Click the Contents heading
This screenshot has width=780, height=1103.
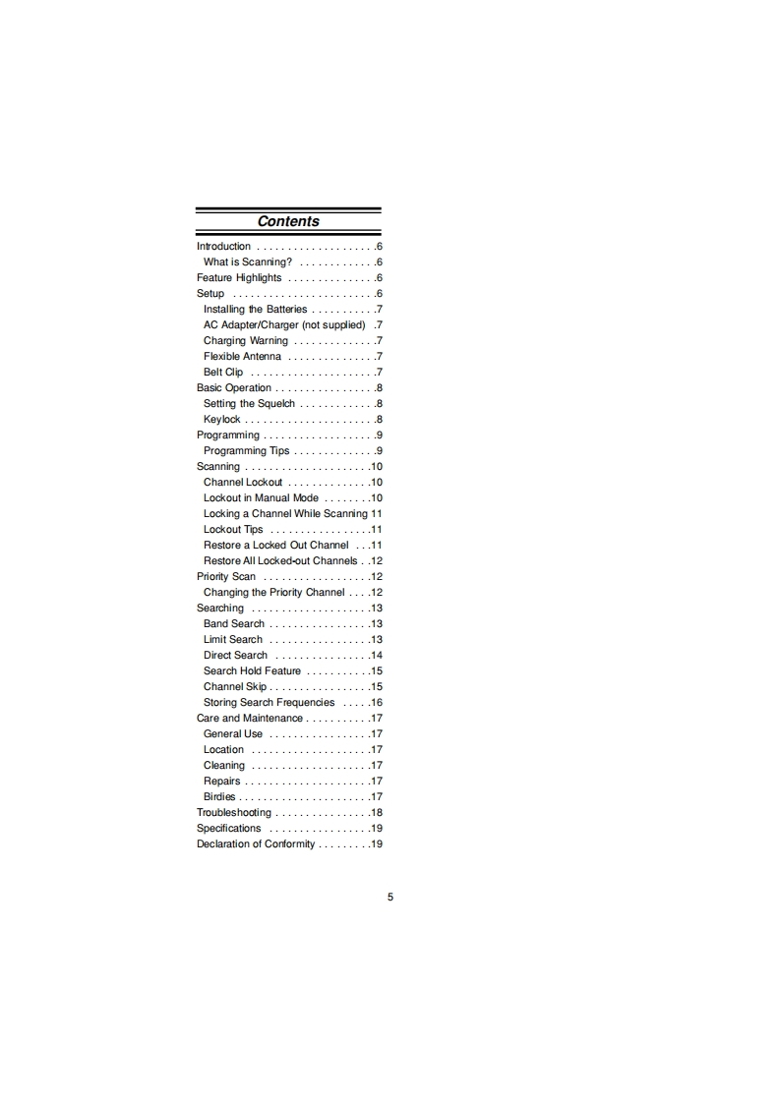pos(288,222)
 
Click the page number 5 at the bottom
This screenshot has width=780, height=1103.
pos(390,897)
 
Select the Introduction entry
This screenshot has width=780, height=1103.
pos(223,247)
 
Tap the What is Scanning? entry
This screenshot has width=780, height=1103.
pos(247,262)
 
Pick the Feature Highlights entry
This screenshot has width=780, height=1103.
pos(239,278)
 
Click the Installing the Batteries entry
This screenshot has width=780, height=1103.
pos(255,310)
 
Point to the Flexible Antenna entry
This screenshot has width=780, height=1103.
pos(242,357)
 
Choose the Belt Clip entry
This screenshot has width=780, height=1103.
pos(223,373)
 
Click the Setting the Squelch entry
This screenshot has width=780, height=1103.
pos(249,404)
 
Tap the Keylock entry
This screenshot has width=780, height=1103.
pos(221,420)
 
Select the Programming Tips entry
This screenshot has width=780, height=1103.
pos(247,451)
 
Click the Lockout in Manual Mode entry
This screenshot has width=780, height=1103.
pos(261,498)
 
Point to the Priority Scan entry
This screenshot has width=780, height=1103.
pos(226,577)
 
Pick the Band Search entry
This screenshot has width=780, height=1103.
pos(234,624)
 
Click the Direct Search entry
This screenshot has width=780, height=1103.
pos(235,656)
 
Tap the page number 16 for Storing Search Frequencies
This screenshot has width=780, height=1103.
pos(376,703)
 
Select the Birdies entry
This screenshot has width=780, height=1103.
pos(219,797)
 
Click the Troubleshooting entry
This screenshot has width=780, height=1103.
pos(234,813)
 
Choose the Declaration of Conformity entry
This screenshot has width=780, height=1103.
pos(256,844)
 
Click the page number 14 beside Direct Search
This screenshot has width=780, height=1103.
pos(376,656)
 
